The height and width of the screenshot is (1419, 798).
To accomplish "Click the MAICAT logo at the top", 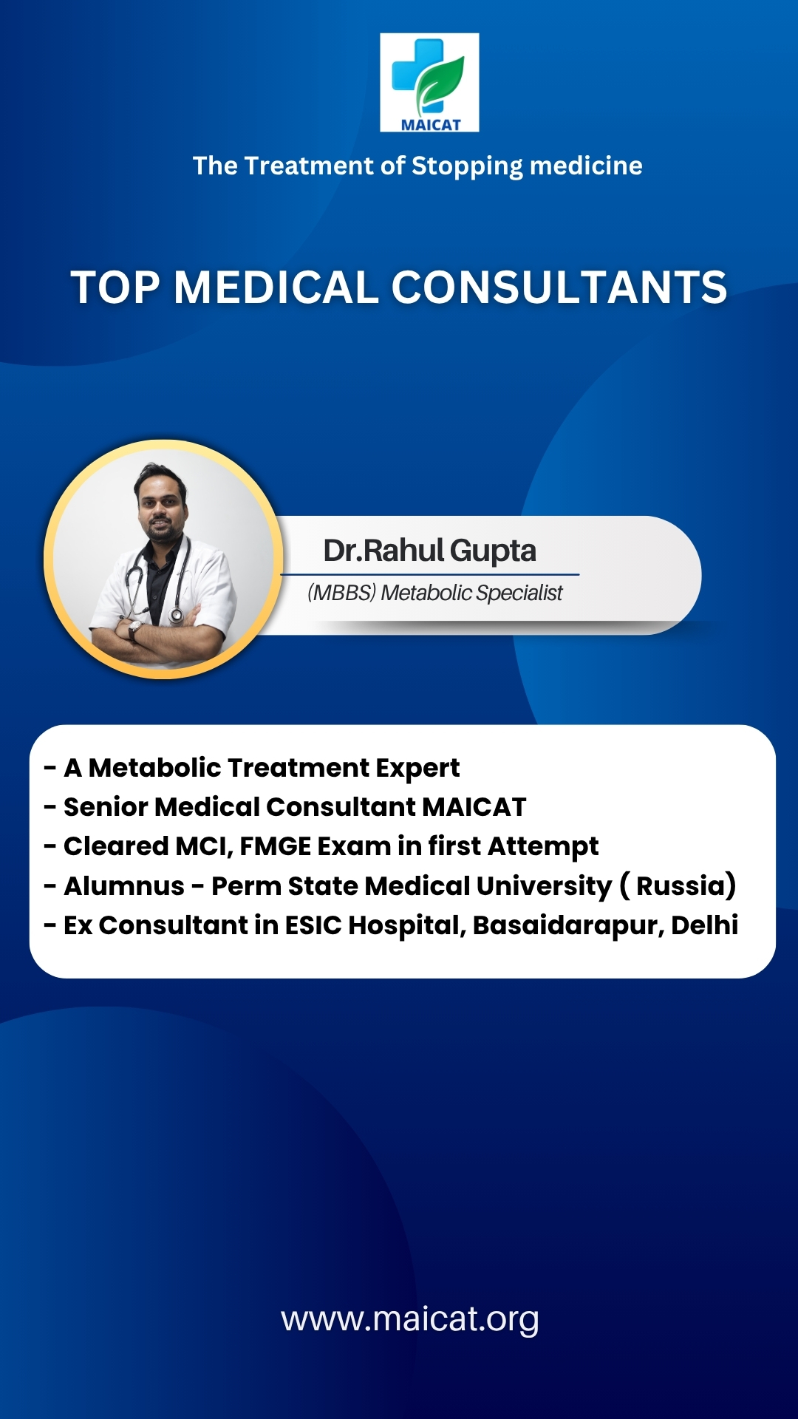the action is click(429, 82).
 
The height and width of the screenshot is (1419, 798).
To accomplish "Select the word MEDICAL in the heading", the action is click(276, 287).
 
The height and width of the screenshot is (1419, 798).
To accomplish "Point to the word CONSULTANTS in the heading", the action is click(559, 287).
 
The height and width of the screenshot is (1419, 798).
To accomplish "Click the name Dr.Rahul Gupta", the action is click(430, 551).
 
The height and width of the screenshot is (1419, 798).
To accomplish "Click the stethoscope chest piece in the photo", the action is click(176, 615).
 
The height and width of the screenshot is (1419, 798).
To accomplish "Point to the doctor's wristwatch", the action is click(134, 630).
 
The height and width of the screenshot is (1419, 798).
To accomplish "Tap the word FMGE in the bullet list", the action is click(276, 846).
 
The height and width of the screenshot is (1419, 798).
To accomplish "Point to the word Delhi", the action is click(704, 925).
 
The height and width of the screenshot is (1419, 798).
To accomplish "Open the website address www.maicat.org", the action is click(410, 1320).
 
